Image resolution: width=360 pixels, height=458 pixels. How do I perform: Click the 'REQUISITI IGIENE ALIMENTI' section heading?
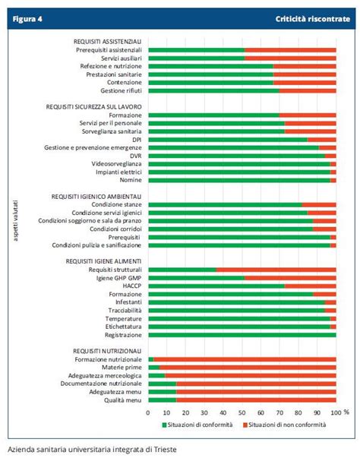[x=105, y=261]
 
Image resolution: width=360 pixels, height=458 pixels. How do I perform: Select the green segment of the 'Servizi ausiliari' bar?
[x=196, y=58]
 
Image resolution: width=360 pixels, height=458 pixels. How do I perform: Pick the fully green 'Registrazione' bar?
[x=242, y=334]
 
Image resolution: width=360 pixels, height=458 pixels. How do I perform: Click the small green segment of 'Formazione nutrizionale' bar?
[x=150, y=359]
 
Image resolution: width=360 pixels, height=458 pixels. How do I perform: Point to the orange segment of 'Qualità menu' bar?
[x=256, y=400]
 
